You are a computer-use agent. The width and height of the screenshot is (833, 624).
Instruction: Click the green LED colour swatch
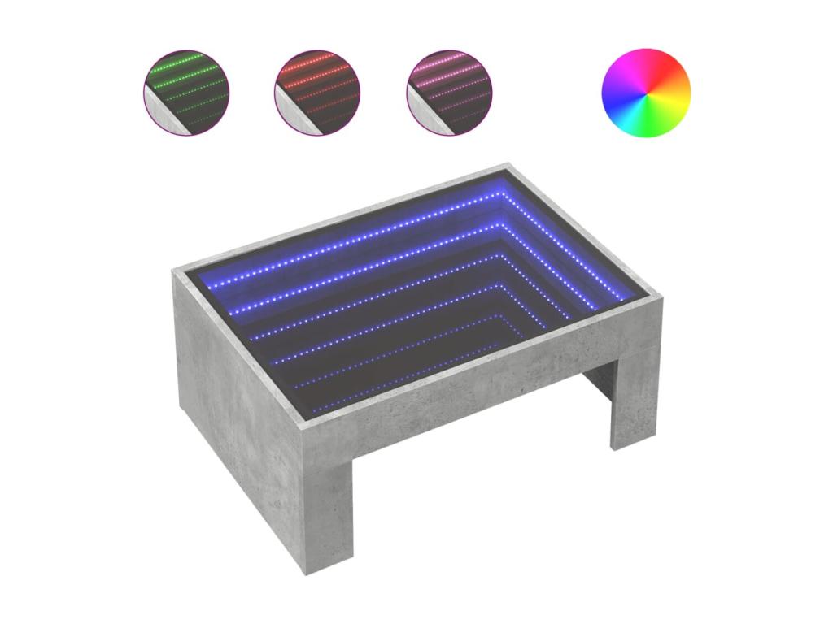[x=186, y=92]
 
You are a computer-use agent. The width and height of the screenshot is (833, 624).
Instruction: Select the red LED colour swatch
[x=317, y=92]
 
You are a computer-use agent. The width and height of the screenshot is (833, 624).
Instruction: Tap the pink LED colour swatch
[x=450, y=92]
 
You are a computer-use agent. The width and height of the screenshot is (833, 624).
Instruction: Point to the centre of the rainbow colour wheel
[x=646, y=93]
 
